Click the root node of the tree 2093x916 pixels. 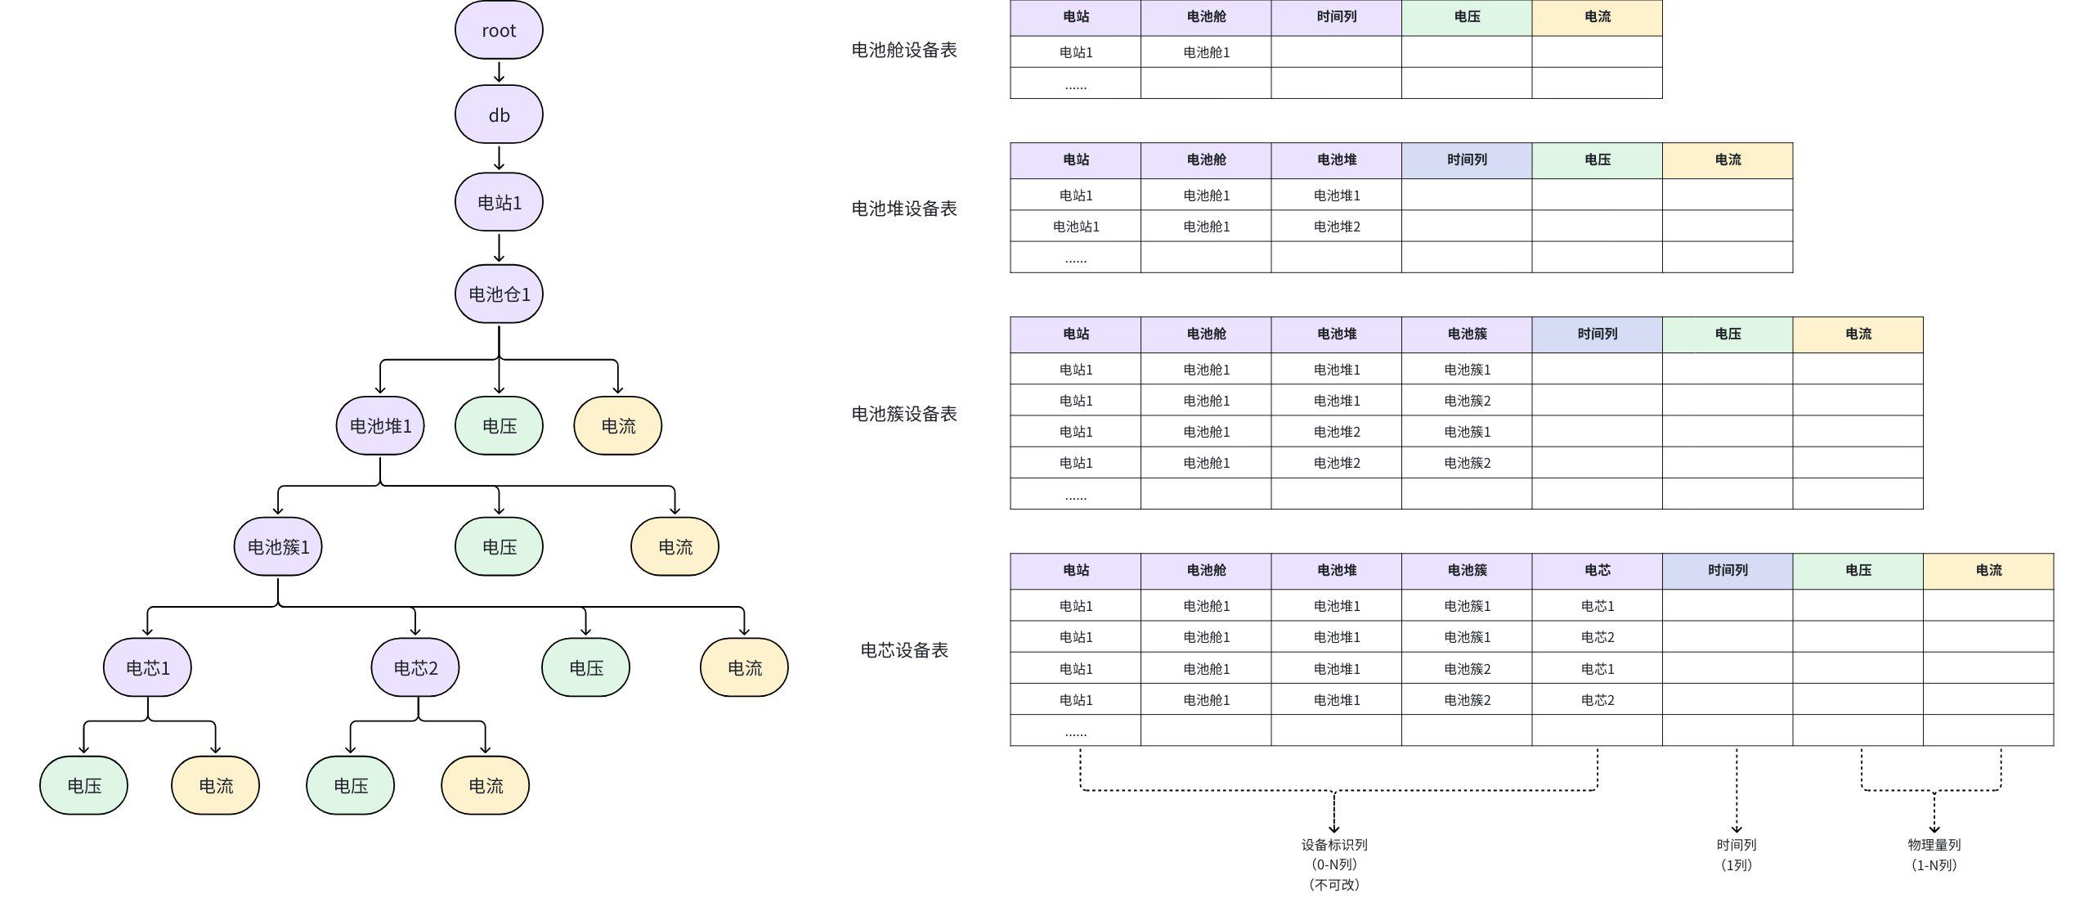pos(499,30)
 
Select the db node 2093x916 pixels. pos(499,115)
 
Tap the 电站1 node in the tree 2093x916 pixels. pos(499,202)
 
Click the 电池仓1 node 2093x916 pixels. pos(499,294)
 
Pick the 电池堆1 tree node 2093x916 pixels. pos(380,425)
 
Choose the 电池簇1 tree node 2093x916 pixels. pos(278,546)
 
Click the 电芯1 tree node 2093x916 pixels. pos(147,667)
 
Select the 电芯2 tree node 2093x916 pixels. pos(415,667)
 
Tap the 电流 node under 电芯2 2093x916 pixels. pos(486,785)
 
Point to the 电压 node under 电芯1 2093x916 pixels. pos(83,785)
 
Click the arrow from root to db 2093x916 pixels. pos(499,72)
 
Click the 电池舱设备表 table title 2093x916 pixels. pos(904,50)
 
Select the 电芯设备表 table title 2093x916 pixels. pos(904,650)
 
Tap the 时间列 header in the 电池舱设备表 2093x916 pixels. pos(1336,17)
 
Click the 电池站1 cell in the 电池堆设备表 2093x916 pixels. pos(1076,227)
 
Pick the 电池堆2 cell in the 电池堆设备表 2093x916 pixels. pos(1337,227)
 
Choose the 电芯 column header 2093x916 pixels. pos(1597,570)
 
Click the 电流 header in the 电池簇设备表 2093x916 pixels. pos(1858,334)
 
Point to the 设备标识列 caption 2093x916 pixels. pos(1334,845)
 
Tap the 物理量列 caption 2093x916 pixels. pos(1934,845)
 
